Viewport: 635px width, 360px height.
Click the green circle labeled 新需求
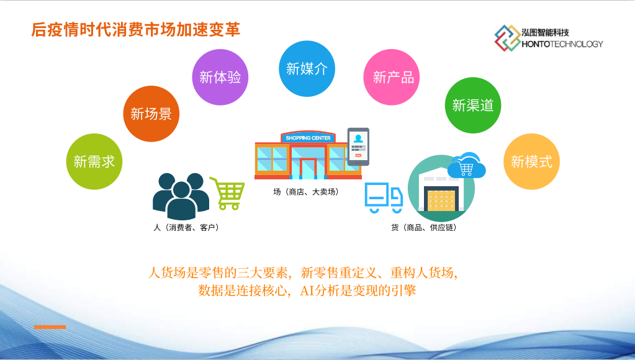pyautogui.click(x=94, y=161)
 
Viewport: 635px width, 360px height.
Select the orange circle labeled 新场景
pyautogui.click(x=151, y=114)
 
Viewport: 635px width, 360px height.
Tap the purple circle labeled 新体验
pyautogui.click(x=220, y=77)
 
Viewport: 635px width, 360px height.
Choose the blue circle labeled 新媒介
pyautogui.click(x=307, y=68)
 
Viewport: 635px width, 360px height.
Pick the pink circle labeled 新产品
pyautogui.click(x=392, y=77)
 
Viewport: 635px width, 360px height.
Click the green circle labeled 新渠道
pyautogui.click(x=473, y=106)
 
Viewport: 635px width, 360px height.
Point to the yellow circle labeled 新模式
pyautogui.click(x=531, y=161)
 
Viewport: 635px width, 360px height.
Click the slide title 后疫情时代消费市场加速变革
pyautogui.click(x=136, y=30)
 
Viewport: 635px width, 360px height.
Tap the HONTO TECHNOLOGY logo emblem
pyautogui.click(x=507, y=38)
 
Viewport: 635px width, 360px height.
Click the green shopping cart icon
pyautogui.click(x=228, y=193)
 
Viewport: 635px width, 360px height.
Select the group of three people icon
pyautogui.click(x=181, y=196)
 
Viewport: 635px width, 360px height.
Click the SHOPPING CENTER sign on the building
pyautogui.click(x=308, y=138)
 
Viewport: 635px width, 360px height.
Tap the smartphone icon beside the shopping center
pyautogui.click(x=358, y=146)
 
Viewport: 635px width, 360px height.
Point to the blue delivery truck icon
pyautogui.click(x=384, y=197)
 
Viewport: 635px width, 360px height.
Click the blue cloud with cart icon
pyautogui.click(x=469, y=165)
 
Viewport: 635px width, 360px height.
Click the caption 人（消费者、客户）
pyautogui.click(x=186, y=228)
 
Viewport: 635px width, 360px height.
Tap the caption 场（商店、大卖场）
pyautogui.click(x=306, y=192)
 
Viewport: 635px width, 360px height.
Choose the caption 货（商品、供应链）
pyautogui.click(x=424, y=228)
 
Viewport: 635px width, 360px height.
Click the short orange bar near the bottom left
pyautogui.click(x=50, y=327)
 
